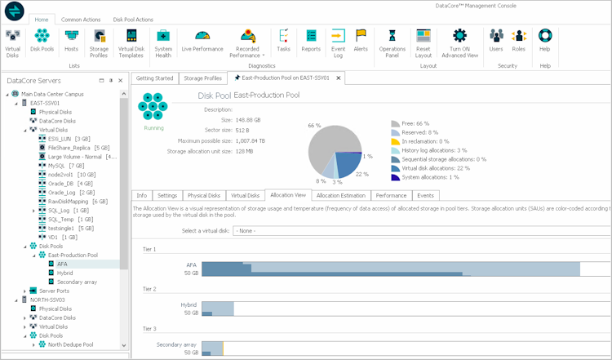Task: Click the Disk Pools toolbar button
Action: (42, 41)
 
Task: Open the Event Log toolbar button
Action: (338, 41)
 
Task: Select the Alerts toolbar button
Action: (361, 41)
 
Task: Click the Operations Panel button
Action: (392, 41)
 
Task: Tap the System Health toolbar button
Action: (163, 41)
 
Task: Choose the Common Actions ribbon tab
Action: (81, 19)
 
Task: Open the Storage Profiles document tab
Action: (202, 78)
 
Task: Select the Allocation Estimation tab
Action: (340, 196)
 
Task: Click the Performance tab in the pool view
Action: (392, 196)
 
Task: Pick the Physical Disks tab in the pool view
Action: (204, 196)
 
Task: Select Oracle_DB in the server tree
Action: (62, 183)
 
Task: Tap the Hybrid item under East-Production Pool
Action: (66, 273)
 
